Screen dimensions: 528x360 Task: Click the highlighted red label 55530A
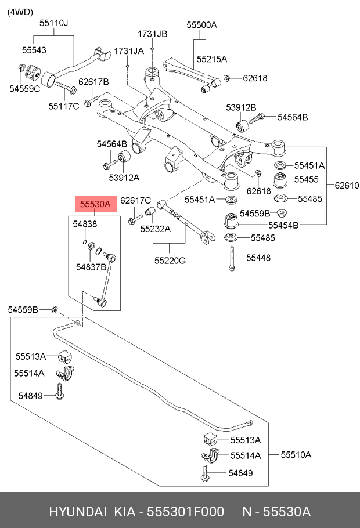(95, 204)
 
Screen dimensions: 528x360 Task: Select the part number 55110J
(54, 24)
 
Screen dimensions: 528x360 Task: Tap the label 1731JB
(152, 34)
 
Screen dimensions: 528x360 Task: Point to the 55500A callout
(201, 25)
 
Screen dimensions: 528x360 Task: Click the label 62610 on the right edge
(347, 186)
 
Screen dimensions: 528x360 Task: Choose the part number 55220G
(170, 261)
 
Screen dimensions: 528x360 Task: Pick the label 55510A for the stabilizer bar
(296, 454)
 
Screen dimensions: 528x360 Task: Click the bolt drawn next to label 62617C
(134, 219)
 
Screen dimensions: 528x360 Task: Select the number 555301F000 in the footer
(185, 512)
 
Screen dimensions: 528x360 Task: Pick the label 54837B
(91, 267)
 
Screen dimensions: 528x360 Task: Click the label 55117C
(63, 106)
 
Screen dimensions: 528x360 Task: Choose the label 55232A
(155, 229)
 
